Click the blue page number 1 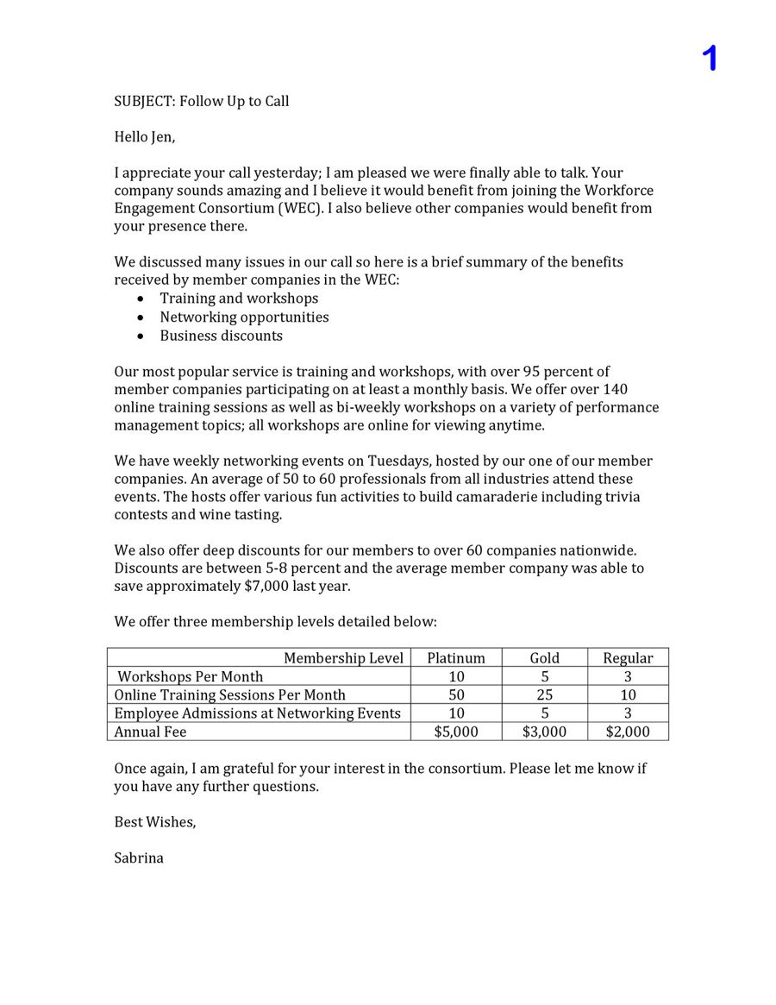[x=709, y=59]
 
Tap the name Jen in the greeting [x=162, y=136]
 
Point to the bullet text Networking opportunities [x=244, y=317]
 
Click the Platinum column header [x=456, y=658]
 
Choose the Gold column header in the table [x=544, y=658]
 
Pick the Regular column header [x=628, y=658]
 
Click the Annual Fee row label [x=150, y=732]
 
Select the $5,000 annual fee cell [x=456, y=732]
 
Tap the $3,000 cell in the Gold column [x=544, y=732]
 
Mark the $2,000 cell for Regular [x=628, y=732]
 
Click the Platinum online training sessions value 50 [x=456, y=694]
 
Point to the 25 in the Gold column [x=544, y=694]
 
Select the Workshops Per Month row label [x=191, y=676]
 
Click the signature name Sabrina [x=139, y=857]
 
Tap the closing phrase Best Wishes [x=154, y=822]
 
